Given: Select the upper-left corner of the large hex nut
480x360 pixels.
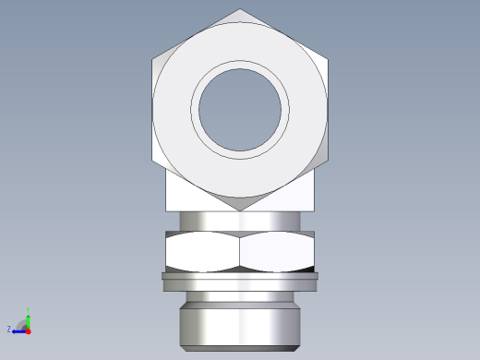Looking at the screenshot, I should coord(153,60).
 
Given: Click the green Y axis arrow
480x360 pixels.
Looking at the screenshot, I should coord(28,319).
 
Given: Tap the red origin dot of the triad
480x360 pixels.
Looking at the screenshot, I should coord(28,330).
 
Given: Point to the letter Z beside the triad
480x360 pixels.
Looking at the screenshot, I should coord(9,330).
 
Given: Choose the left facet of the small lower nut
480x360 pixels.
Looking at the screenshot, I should coord(202,251).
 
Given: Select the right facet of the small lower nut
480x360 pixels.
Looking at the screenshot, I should coord(277,251).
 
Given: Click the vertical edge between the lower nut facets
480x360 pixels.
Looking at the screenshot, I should coord(240,251).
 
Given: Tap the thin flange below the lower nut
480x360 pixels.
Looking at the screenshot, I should coord(240,275).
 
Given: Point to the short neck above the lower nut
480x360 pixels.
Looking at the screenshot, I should coord(240,222).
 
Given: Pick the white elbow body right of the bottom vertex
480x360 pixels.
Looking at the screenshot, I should coord(291,194).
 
